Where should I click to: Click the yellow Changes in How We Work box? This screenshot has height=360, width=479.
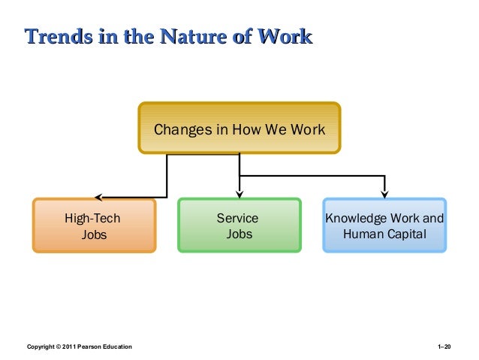coord(239,129)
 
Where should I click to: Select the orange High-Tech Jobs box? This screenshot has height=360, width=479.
coord(93,225)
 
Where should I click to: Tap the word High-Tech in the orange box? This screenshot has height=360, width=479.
coord(92,218)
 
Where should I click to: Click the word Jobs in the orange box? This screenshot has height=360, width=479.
coord(93,234)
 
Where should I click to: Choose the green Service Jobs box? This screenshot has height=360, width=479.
coord(239,225)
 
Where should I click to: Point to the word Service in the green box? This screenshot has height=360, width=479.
coord(237,218)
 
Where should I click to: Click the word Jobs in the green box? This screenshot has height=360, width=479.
coord(239,234)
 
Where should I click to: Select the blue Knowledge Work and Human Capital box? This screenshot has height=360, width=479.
coord(384,225)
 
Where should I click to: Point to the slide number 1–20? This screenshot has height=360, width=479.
coord(444,346)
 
